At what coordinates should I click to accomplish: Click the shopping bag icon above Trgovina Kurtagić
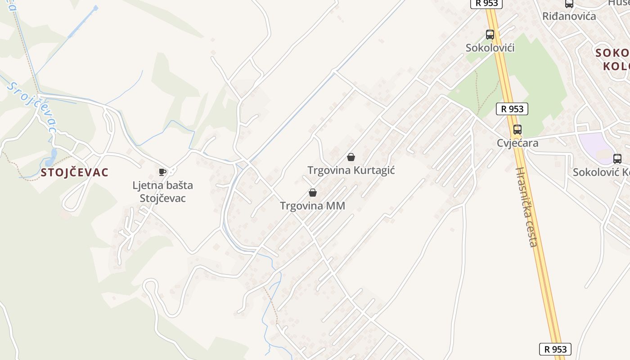[x=351, y=157]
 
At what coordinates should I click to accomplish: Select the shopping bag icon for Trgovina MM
[x=312, y=193]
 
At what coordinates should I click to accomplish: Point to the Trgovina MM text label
[x=312, y=206]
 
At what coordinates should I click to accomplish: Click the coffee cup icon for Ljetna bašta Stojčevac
[x=162, y=172]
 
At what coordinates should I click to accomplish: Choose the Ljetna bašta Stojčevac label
[x=162, y=192]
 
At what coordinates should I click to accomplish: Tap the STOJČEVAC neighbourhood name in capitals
[x=75, y=172]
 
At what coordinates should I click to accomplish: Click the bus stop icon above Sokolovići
[x=490, y=35]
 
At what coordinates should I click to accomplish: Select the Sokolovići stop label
[x=490, y=48]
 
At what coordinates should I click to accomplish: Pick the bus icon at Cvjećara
[x=517, y=130]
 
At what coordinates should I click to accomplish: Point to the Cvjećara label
[x=517, y=143]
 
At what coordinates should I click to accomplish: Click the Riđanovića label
[x=569, y=16]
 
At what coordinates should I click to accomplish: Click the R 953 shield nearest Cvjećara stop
[x=512, y=108]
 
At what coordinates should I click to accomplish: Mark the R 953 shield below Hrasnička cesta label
[x=555, y=349]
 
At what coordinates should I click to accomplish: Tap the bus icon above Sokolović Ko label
[x=617, y=158]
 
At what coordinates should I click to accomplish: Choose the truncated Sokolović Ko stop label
[x=601, y=172]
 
